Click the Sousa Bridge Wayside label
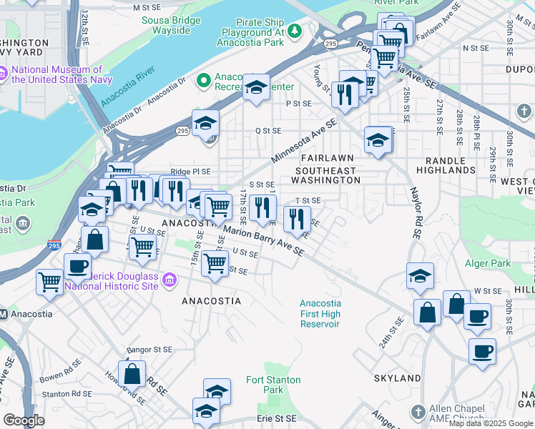pos(166,25)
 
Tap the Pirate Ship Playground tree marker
pos(293,31)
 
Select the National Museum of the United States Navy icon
pos(4,74)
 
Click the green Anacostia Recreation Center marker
pos(203,80)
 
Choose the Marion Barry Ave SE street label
pos(262,242)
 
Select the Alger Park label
pos(487,263)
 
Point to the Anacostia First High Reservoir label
pos(320,313)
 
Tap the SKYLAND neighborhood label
pos(397,378)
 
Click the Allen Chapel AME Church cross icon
pos(418,412)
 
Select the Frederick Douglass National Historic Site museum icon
pos(170,280)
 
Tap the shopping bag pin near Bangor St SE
pos(132,373)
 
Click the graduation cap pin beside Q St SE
pos(205,124)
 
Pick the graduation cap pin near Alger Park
pos(420,275)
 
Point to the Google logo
pos(24,420)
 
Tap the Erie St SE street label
pos(276,418)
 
